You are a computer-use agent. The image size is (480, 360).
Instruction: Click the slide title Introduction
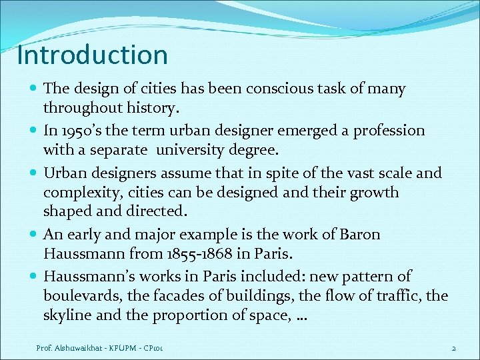pyautogui.click(x=93, y=55)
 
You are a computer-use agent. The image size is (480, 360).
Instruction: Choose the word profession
pyautogui.click(x=385, y=131)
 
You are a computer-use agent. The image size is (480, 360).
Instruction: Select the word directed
pyautogui.click(x=162, y=211)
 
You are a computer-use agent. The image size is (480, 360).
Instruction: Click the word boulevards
pyautogui.click(x=75, y=296)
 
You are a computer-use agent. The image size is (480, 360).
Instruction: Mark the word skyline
pyautogui.click(x=65, y=315)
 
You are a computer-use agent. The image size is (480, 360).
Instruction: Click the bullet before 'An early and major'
pyautogui.click(x=34, y=235)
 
